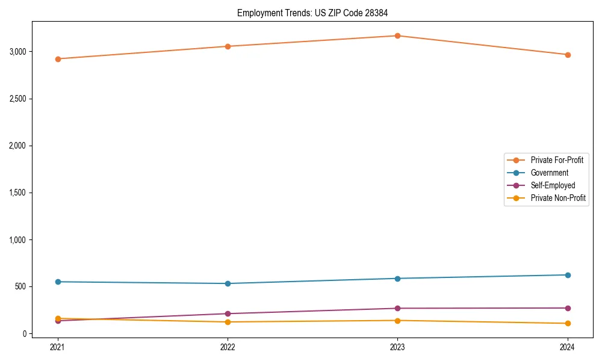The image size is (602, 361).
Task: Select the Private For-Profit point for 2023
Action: pyautogui.click(x=397, y=35)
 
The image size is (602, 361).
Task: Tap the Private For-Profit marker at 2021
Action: pyautogui.click(x=58, y=59)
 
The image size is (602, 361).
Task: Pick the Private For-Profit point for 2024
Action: pyautogui.click(x=568, y=55)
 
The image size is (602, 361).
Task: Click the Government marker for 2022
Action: pyautogui.click(x=228, y=283)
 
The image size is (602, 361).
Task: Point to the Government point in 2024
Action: pyautogui.click(x=568, y=275)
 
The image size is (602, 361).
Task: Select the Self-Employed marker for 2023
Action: pyautogui.click(x=397, y=309)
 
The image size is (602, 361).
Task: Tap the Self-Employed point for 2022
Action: pyautogui.click(x=228, y=313)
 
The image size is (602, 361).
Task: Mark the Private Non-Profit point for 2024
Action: pyautogui.click(x=568, y=324)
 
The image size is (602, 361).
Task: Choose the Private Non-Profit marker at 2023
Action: pyautogui.click(x=397, y=321)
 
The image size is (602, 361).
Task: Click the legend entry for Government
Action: pyautogui.click(x=549, y=173)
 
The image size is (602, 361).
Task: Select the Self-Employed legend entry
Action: pyautogui.click(x=553, y=185)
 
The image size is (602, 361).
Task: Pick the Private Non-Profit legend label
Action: pyautogui.click(x=558, y=198)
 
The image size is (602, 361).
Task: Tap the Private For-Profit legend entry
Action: pyautogui.click(x=557, y=160)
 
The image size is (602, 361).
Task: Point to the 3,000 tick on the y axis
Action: pyautogui.click(x=17, y=52)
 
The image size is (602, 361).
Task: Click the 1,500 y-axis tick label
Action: pyautogui.click(x=17, y=193)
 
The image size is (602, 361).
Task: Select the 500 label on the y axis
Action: pyautogui.click(x=21, y=286)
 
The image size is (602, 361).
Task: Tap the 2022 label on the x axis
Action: pyautogui.click(x=228, y=347)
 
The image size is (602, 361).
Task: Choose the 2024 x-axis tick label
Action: pyautogui.click(x=568, y=347)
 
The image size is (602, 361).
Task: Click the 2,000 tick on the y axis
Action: pyautogui.click(x=17, y=146)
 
